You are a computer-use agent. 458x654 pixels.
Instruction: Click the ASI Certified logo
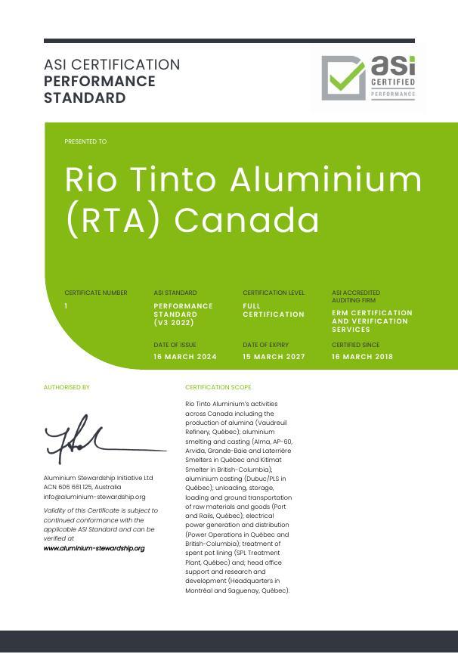pos(368,78)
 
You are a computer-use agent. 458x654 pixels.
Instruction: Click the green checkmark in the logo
pos(345,76)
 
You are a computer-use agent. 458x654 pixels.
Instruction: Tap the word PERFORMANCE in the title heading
pos(100,82)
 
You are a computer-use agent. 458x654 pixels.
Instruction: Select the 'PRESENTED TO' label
pos(85,141)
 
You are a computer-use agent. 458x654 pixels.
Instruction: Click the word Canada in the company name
pos(246,220)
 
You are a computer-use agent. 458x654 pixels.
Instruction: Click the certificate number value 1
pos(67,306)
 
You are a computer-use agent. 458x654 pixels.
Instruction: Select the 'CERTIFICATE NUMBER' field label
pos(96,293)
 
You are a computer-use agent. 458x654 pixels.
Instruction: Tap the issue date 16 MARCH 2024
pos(185,357)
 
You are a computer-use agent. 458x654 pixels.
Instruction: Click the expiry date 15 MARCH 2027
pos(274,357)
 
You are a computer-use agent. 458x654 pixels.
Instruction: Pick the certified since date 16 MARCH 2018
pos(362,357)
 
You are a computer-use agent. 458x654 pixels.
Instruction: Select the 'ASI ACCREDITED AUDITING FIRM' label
pos(356,296)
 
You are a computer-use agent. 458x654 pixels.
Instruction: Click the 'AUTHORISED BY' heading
pos(67,387)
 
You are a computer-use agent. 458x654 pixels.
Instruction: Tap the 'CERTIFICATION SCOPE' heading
pos(218,387)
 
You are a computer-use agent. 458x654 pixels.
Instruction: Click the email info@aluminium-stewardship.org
pos(94,497)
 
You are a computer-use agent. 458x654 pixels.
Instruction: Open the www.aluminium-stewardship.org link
pos(94,548)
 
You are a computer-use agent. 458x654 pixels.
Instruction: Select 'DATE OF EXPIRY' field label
pos(261,345)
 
